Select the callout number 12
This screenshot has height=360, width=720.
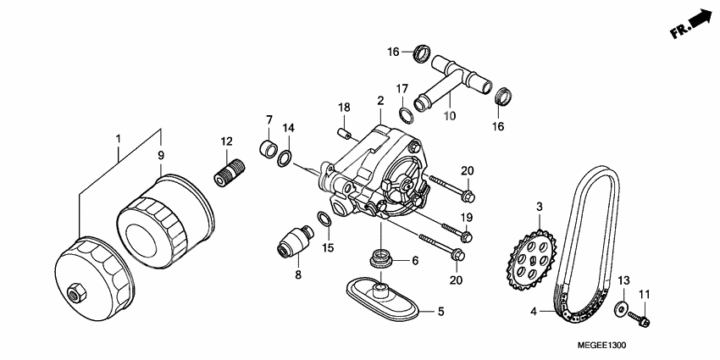tap(226, 141)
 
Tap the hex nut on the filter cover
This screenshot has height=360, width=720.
tap(75, 292)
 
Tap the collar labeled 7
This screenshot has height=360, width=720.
tap(269, 150)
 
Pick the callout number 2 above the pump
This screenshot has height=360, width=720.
tap(380, 101)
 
